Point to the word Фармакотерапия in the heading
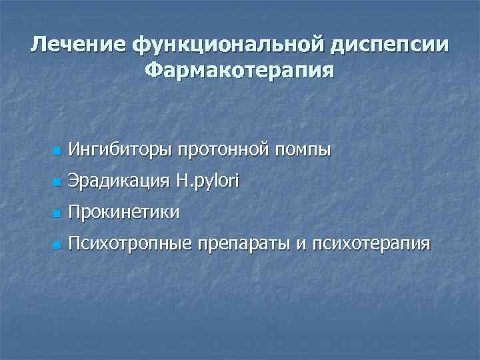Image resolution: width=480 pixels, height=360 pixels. click(239, 69)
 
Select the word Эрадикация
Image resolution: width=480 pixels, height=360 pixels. click(119, 181)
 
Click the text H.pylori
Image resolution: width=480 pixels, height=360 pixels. click(207, 181)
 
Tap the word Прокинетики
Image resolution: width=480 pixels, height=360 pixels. click(124, 213)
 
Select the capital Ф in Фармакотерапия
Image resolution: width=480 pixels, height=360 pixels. click(153, 69)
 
